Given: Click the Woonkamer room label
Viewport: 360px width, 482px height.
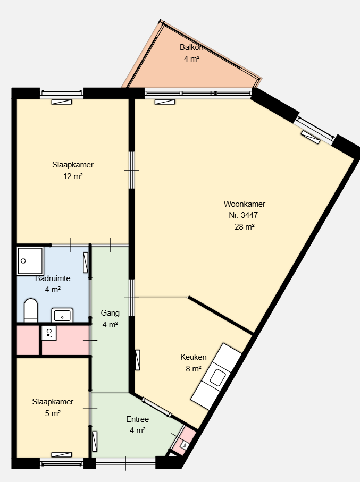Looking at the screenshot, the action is [244, 204].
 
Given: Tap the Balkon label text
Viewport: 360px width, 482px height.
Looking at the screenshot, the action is [191, 47].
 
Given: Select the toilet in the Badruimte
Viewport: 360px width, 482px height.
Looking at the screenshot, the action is [31, 310].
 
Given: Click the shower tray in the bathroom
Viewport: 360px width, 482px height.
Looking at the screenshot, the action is [30, 261].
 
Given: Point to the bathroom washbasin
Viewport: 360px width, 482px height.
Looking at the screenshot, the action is [62, 315].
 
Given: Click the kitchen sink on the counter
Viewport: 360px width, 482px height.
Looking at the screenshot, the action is [217, 377].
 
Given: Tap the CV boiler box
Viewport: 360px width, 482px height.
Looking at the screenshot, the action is [49, 333].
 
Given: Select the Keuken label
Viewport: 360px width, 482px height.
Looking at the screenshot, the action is [193, 357].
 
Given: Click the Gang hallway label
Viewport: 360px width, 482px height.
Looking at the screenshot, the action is [110, 313].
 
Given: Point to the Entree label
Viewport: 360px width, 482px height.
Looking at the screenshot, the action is [138, 419].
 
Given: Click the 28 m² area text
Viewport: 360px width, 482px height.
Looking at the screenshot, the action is [244, 227].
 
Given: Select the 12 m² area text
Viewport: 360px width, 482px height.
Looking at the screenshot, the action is [73, 176].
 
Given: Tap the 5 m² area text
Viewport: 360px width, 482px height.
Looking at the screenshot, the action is [53, 413].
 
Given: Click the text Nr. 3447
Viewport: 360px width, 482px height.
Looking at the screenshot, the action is [243, 215].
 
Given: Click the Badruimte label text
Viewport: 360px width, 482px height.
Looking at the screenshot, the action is [53, 278].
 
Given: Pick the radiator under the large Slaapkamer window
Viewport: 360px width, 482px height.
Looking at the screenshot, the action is [62, 102].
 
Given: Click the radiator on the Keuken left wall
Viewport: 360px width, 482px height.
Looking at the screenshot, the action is [138, 360].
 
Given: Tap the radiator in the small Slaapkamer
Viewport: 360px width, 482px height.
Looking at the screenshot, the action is [62, 455].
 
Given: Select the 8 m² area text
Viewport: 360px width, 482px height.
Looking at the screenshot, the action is [194, 369].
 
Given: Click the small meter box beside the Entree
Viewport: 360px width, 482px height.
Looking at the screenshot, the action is [185, 444].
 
